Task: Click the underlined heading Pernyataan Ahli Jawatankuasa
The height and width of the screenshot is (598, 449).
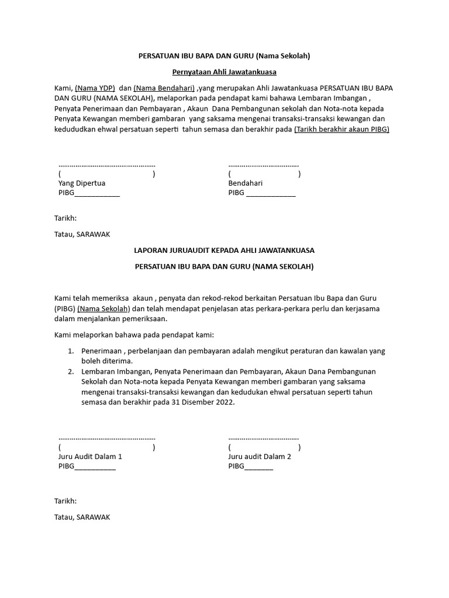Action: (224, 72)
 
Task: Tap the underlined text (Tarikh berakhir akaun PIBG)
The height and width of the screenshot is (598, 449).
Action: (341, 129)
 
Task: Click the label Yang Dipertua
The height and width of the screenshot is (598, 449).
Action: (82, 183)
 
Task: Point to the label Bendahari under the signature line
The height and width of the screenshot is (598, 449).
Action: (246, 183)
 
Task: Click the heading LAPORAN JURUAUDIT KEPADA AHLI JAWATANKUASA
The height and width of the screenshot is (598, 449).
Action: (224, 250)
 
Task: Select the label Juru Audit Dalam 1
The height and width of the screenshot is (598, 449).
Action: (90, 457)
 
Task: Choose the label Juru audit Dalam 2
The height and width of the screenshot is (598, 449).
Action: (260, 457)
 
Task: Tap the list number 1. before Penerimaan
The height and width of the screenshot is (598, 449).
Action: (70, 351)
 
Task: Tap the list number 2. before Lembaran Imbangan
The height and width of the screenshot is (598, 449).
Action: (70, 371)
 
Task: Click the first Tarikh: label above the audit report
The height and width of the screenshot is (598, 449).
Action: (65, 218)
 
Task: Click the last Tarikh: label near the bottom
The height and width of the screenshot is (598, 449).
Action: (65, 501)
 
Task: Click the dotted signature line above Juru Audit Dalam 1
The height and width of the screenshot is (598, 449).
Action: (107, 437)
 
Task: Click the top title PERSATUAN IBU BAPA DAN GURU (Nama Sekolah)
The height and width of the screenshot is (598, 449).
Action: (224, 56)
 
